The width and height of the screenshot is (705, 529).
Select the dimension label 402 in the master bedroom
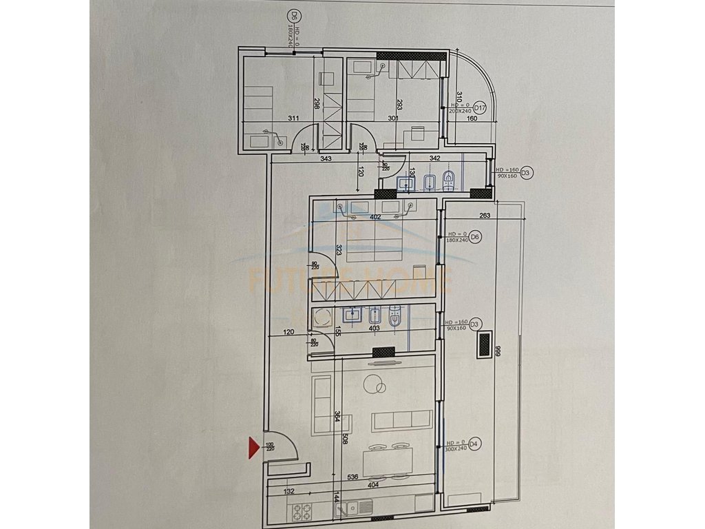tap(375, 217)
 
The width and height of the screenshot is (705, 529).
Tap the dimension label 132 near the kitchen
tap(289, 491)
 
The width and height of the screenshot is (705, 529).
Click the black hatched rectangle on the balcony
tap(484, 344)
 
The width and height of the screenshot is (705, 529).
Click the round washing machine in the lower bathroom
tap(322, 318)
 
